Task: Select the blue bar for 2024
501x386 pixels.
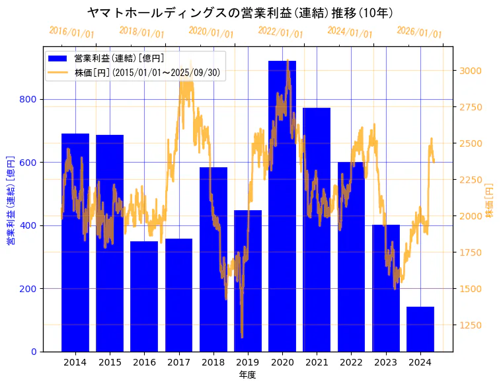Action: [420, 329]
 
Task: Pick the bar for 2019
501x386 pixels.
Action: [248, 281]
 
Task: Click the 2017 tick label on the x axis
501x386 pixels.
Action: [178, 362]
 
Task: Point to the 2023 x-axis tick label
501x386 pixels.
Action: [386, 362]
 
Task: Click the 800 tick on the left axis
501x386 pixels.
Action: [31, 99]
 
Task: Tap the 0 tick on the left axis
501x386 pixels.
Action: [34, 352]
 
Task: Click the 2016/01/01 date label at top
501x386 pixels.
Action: [71, 32]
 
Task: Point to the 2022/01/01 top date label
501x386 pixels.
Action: [280, 32]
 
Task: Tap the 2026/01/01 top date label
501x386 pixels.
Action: [419, 32]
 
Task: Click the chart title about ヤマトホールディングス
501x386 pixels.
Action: [241, 13]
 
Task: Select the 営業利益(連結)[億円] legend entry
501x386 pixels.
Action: [119, 59]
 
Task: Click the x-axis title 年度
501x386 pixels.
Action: [247, 375]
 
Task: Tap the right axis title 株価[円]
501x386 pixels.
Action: [489, 201]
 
